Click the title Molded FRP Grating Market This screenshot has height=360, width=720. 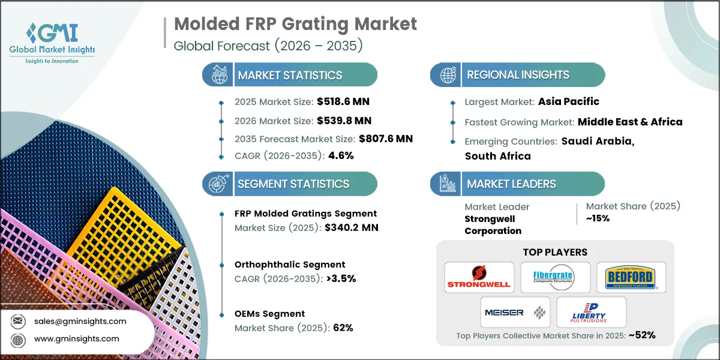tap(295, 25)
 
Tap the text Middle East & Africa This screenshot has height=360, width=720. tap(630, 122)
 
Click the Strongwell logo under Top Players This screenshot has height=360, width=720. tap(479, 278)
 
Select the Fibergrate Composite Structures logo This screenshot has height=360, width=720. tap(555, 278)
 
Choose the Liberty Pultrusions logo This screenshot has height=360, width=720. tap(590, 312)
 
